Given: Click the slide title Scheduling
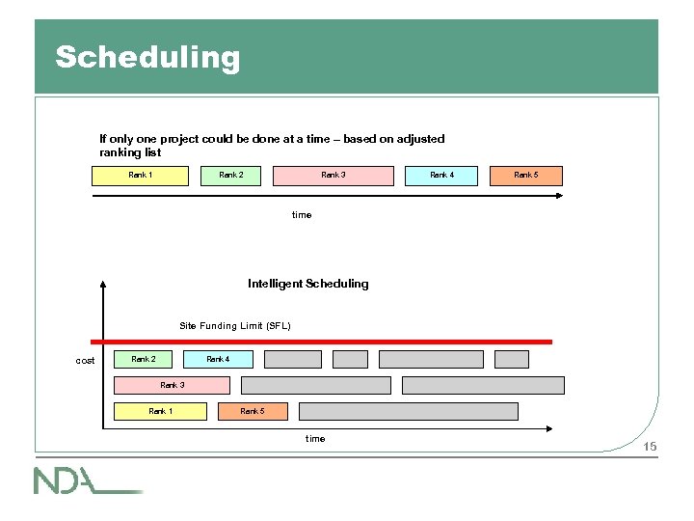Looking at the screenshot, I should pos(147,57).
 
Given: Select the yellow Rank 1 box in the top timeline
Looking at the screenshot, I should pos(141,176).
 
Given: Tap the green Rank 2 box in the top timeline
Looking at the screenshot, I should pos(231,176).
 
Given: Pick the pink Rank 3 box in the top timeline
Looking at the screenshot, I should pos(334,176).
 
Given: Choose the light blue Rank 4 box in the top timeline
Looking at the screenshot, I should pos(441,176).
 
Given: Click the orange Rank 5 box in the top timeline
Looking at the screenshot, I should pos(525,176).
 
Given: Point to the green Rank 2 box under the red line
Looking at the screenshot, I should pos(143,360).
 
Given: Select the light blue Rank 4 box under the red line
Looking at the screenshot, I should pos(218,360).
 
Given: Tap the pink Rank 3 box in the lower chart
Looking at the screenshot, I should pos(173,386).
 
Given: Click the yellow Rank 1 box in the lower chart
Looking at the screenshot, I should pos(161,412).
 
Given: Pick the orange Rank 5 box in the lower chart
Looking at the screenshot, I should pos(253,412).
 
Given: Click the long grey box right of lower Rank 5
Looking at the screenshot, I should pos(409,412).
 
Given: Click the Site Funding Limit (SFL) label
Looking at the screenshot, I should pos(235,326).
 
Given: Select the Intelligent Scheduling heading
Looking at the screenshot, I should pos(307,284).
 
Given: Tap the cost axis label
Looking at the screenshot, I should pos(86,361).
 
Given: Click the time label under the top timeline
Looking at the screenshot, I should pos(302,214).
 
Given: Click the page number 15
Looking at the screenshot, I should pos(650,447).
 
